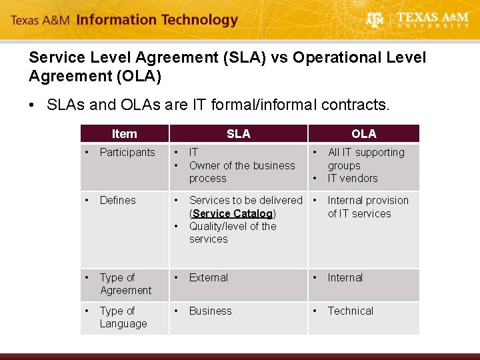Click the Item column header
pos(124,133)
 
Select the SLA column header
pos(238,133)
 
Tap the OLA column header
pos(363,133)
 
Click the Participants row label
pos(127,152)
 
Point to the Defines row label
pos(117,200)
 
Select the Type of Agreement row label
pos(125,284)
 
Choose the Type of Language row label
pos(123,317)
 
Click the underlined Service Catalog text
pos(233,213)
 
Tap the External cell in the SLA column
pos(209,277)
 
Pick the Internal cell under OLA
pos(345,277)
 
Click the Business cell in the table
pos(211,311)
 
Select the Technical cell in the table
pos(351,311)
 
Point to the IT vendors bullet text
pos(352,178)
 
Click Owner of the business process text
pos(241,172)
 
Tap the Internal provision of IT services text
pos(367,207)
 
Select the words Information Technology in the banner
pos(157,19)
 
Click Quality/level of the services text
pos(232,233)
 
